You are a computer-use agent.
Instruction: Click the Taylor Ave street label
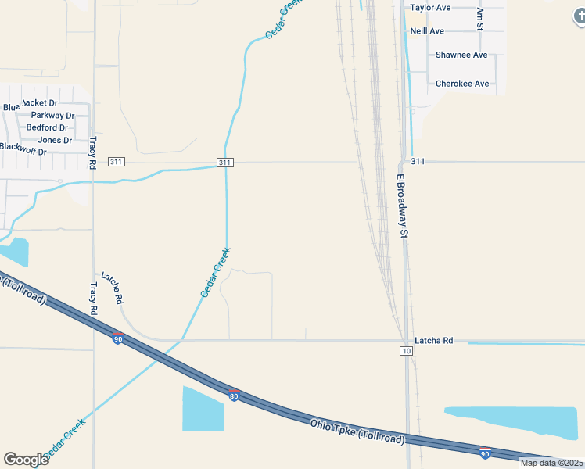point(430,8)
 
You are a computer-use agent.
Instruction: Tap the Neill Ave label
point(427,31)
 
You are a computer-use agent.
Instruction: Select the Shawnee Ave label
point(461,55)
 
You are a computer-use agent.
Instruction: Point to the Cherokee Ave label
point(462,84)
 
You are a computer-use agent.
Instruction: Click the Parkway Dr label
point(53,115)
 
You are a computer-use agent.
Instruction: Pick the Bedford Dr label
point(47,127)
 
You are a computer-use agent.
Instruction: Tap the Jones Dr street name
point(55,140)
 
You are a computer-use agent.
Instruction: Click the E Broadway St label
point(403,206)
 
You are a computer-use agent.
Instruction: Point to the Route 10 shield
point(406,351)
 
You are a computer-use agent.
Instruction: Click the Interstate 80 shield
point(233,395)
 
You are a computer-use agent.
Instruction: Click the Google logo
point(26,459)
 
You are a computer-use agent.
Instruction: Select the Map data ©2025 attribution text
point(552,463)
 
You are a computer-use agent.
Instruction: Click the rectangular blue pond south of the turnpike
point(203,408)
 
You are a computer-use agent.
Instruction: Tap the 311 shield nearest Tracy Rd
point(117,162)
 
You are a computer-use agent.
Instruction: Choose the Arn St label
point(480,20)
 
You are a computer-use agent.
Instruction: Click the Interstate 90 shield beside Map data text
point(485,453)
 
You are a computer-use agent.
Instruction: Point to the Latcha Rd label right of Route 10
point(434,341)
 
